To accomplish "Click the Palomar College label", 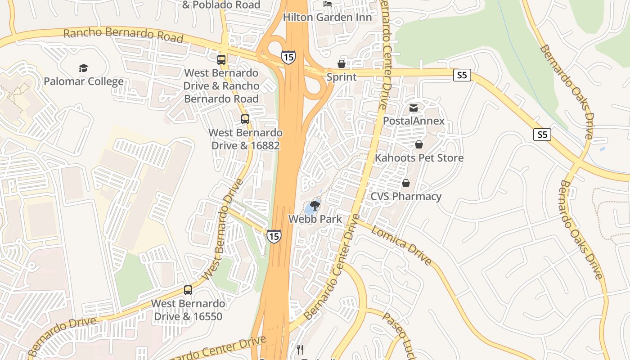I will point(84,81).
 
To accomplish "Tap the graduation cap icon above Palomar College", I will point(83,68).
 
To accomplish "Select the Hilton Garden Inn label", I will point(327,17).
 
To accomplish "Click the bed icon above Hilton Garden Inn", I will point(328,4).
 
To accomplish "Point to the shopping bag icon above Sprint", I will point(342,64).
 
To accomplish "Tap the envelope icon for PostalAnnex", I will point(414,108).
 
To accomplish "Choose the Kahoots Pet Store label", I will point(419,158).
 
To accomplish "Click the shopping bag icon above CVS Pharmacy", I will point(406,183).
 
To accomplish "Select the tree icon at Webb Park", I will point(315,206).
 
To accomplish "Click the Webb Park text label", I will point(315,219).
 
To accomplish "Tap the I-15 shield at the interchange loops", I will point(288,57).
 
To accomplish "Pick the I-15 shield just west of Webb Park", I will point(274,236).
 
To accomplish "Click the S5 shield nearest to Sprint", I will point(462,75).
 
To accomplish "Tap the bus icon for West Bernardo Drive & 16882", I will point(245,119).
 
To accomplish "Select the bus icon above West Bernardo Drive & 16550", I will point(188,290).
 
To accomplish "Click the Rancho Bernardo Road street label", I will point(123,35).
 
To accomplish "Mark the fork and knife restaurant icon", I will point(300,349).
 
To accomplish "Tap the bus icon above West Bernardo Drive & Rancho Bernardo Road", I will point(221,59).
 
